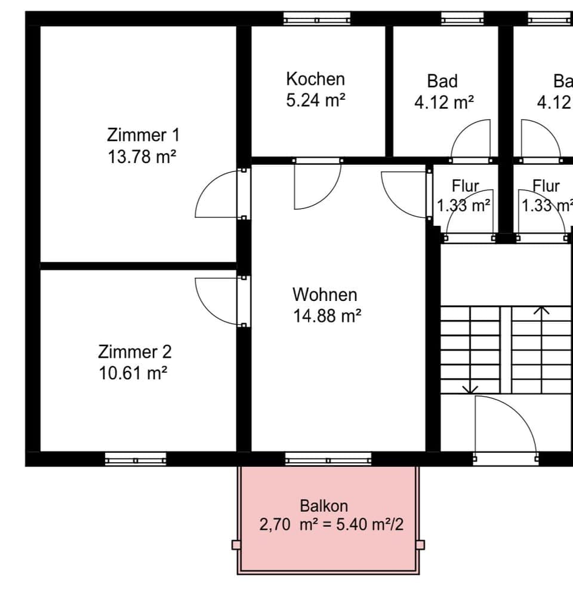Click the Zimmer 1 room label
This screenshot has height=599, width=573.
tap(143, 134)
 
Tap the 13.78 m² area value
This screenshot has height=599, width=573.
tap(143, 156)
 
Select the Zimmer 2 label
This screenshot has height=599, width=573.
tap(134, 351)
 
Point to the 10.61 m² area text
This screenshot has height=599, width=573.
tap(133, 374)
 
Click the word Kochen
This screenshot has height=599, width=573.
tap(315, 79)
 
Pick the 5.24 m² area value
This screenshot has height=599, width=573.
tap(316, 100)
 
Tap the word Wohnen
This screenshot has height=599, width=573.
tap(325, 294)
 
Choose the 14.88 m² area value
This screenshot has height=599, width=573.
tap(327, 317)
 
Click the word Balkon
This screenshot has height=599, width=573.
tap(324, 506)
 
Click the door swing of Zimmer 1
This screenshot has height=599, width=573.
tap(216, 195)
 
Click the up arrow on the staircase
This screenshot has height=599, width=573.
tap(541, 311)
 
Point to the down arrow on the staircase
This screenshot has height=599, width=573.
tap(470, 388)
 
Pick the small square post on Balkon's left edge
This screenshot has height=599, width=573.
tap(236, 545)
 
